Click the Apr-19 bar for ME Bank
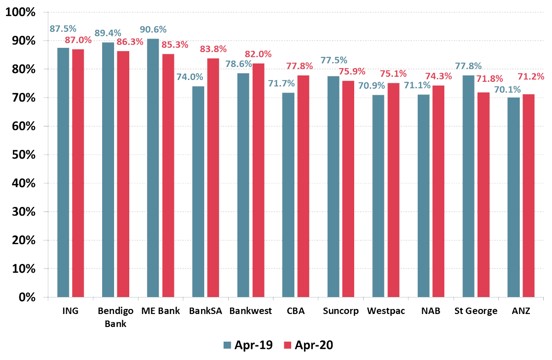click(x=153, y=168)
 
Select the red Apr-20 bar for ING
click(x=78, y=173)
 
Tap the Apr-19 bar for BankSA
click(x=198, y=192)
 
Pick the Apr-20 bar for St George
click(x=483, y=195)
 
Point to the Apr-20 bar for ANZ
click(x=529, y=195)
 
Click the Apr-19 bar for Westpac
click(x=378, y=196)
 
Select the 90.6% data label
click(x=153, y=29)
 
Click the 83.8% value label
click(x=213, y=49)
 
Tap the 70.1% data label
click(x=507, y=89)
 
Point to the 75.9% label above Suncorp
click(x=352, y=71)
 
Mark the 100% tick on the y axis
click(x=20, y=12)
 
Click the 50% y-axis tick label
click(x=23, y=154)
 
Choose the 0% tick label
click(x=27, y=297)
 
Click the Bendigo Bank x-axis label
click(x=115, y=317)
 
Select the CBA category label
click(x=296, y=311)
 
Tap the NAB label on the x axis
click(x=431, y=311)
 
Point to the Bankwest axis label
click(x=251, y=311)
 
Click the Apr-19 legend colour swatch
click(x=227, y=345)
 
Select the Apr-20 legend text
click(x=314, y=345)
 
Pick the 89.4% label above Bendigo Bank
click(x=108, y=33)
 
